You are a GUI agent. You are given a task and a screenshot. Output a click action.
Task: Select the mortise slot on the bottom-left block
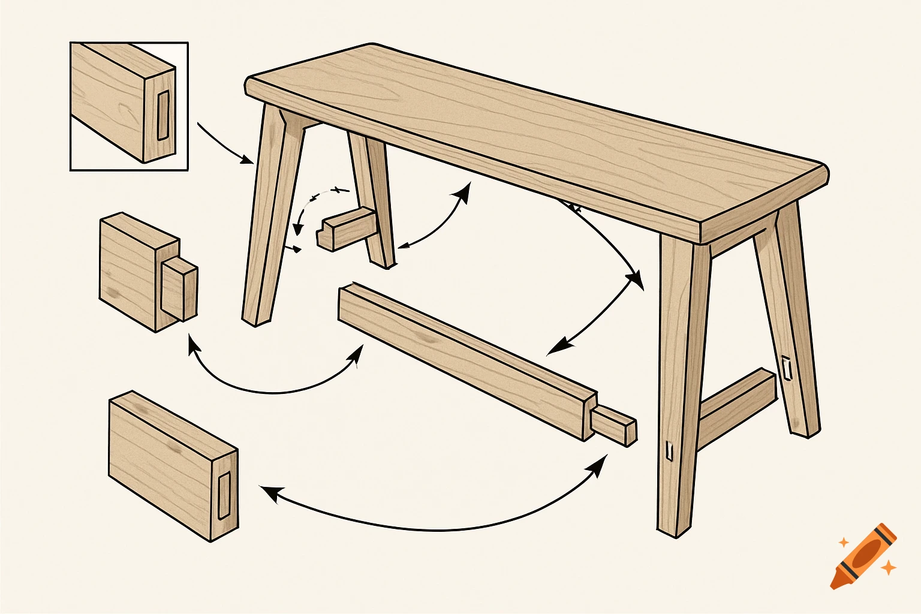pyautogui.click(x=224, y=495)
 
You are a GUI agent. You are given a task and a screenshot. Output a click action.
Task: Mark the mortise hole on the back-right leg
pyautogui.click(x=786, y=368)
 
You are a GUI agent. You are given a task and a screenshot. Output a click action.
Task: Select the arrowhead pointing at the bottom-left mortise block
pyautogui.click(x=269, y=492)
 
